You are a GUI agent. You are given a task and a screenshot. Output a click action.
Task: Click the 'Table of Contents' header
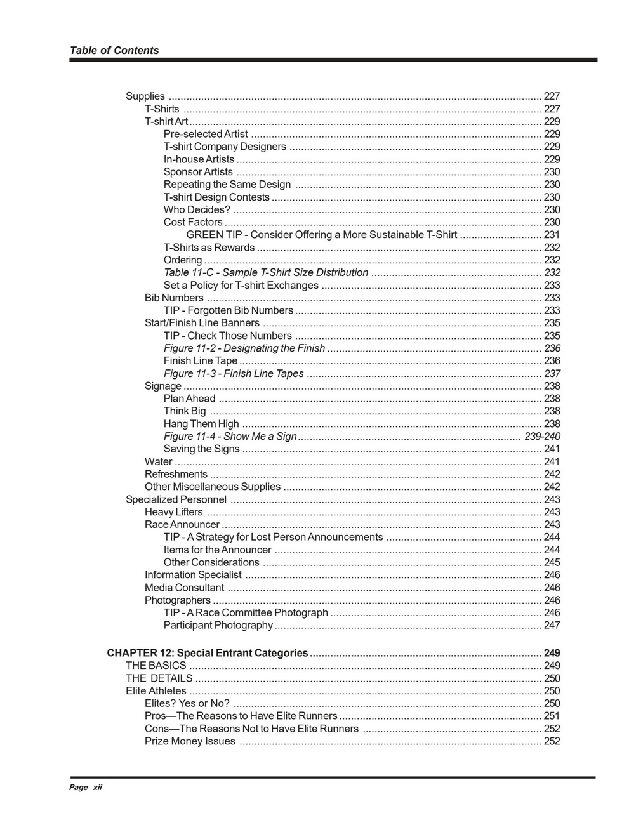[114, 51]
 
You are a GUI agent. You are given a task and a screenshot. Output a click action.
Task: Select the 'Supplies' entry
[145, 96]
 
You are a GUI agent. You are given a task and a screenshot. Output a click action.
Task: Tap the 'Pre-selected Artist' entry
[206, 134]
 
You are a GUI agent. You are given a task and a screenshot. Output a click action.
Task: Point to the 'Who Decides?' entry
[197, 209]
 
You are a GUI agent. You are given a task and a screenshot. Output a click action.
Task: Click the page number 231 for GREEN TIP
[552, 235]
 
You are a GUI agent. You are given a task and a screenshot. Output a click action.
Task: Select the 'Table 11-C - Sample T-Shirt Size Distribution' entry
[266, 272]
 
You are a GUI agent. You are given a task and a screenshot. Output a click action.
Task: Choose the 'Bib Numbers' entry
[174, 298]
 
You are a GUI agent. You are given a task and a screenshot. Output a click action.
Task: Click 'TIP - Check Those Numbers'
[228, 336]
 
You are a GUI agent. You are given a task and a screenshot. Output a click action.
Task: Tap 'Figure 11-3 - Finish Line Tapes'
[234, 373]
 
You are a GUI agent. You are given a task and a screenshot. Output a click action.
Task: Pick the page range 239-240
[542, 436]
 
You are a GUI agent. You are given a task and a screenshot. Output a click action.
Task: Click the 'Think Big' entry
[185, 411]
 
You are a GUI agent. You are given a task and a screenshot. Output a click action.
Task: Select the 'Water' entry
[159, 461]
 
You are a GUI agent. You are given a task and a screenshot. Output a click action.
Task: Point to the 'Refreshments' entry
[176, 474]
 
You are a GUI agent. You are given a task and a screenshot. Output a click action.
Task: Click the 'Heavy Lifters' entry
[174, 512]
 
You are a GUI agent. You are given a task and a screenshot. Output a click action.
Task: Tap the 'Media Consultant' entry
[184, 588]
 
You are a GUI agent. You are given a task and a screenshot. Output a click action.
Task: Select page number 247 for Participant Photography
[552, 625]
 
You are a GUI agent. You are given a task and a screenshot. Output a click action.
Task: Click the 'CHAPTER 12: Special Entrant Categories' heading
[208, 653]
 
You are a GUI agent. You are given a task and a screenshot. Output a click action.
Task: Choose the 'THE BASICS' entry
[156, 666]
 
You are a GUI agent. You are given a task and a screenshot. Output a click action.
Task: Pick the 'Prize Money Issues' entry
[190, 741]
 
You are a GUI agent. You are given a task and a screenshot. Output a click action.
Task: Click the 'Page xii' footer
[86, 788]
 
